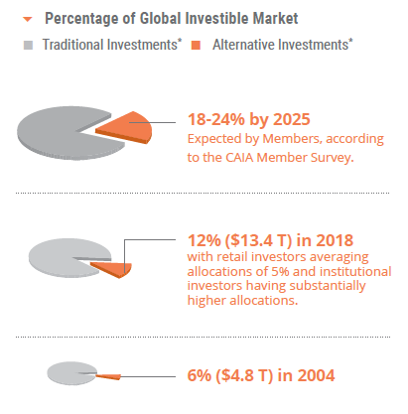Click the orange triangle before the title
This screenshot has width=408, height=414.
(29, 18)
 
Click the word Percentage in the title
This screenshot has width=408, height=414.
(83, 18)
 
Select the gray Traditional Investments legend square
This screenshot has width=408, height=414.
(28, 46)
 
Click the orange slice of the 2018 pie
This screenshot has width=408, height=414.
(118, 266)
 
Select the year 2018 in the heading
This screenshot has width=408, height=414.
(335, 239)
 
